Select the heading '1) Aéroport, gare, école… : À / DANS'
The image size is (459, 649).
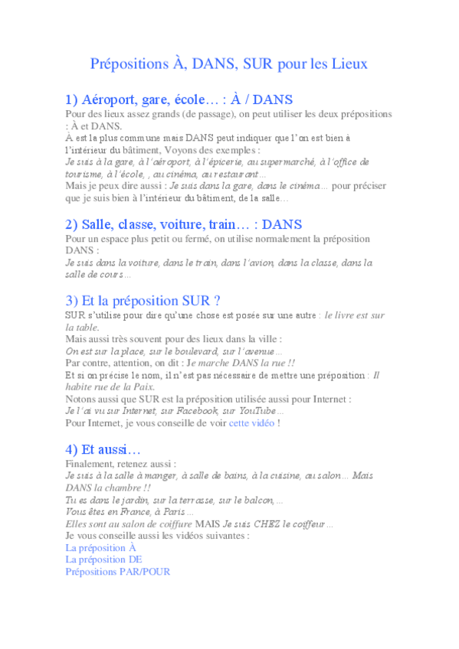coord(179,99)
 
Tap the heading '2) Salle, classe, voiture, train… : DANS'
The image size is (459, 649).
coord(184,224)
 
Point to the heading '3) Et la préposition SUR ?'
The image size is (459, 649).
coord(143,300)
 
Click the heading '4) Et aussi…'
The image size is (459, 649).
coord(103,449)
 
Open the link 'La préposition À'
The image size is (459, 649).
coord(100,548)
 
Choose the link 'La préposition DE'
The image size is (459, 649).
coord(103,559)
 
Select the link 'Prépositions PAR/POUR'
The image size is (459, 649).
coord(118,571)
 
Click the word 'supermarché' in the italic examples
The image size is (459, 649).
coord(261,162)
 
